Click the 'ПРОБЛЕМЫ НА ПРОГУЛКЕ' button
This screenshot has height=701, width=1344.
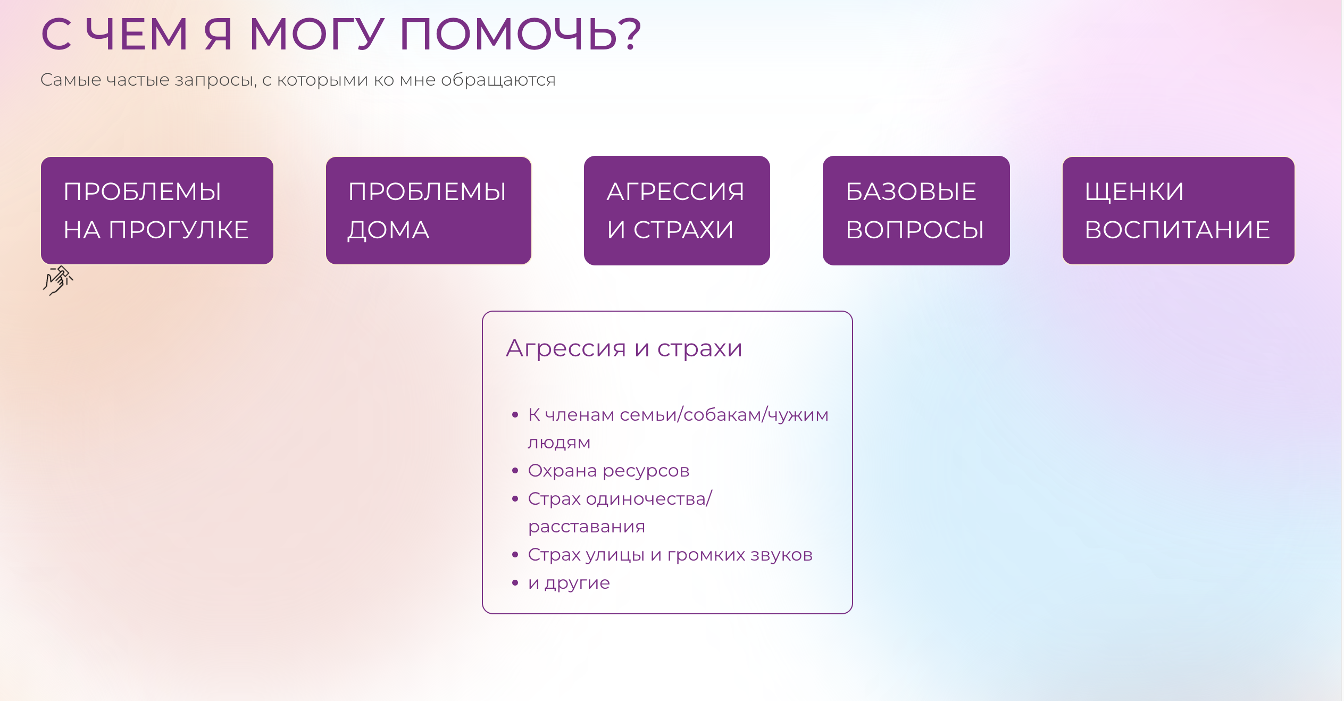coord(157,211)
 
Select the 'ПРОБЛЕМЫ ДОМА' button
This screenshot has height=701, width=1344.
coord(428,211)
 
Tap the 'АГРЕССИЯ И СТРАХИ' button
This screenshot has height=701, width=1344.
coord(677,211)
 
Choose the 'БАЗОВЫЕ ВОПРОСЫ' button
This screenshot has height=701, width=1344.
coord(916,211)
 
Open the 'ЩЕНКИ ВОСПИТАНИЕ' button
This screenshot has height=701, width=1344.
coord(1178,211)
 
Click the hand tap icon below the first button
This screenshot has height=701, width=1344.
coord(58,280)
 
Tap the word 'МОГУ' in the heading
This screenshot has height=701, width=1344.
coord(316,34)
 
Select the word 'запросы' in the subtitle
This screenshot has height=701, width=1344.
coord(215,80)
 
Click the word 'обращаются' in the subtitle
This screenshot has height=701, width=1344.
coord(498,80)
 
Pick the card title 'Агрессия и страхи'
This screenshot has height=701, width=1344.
coord(624,348)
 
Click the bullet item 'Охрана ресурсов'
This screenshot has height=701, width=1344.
coord(608,471)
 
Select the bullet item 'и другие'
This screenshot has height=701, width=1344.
coord(569,583)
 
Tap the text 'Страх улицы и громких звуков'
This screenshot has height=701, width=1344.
coord(670,555)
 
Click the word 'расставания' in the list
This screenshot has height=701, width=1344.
coord(587,527)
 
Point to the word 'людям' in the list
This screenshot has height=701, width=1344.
coord(559,443)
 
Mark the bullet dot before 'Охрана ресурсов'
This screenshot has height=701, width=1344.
coord(515,471)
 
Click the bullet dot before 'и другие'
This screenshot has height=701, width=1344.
coord(515,583)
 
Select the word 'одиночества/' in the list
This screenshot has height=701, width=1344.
coord(649,499)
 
